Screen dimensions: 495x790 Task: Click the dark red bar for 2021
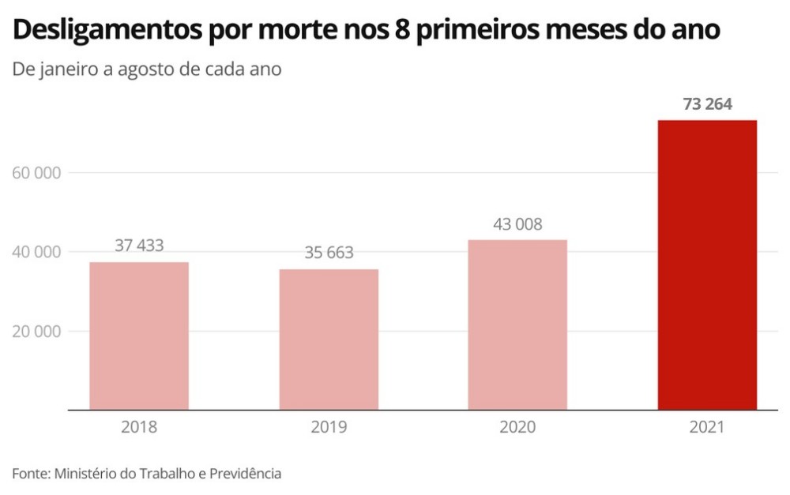(x=707, y=265)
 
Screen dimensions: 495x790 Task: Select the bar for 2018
(x=139, y=336)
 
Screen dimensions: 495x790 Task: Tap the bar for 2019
(x=329, y=339)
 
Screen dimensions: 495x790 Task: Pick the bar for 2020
(x=517, y=324)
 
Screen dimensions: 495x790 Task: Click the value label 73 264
(x=707, y=104)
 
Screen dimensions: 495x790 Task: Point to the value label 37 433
(x=139, y=246)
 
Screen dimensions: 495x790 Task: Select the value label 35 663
(x=329, y=253)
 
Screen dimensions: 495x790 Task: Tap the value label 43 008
(x=517, y=224)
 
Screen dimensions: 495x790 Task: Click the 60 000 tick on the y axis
(x=38, y=173)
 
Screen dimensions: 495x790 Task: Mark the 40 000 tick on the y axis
(x=38, y=253)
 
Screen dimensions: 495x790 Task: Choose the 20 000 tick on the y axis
(x=38, y=332)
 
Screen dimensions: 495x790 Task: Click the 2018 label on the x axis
(x=139, y=428)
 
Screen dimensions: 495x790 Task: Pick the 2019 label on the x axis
(x=329, y=428)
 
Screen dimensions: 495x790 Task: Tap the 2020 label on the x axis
(x=517, y=428)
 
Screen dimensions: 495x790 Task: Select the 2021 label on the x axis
(x=707, y=428)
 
